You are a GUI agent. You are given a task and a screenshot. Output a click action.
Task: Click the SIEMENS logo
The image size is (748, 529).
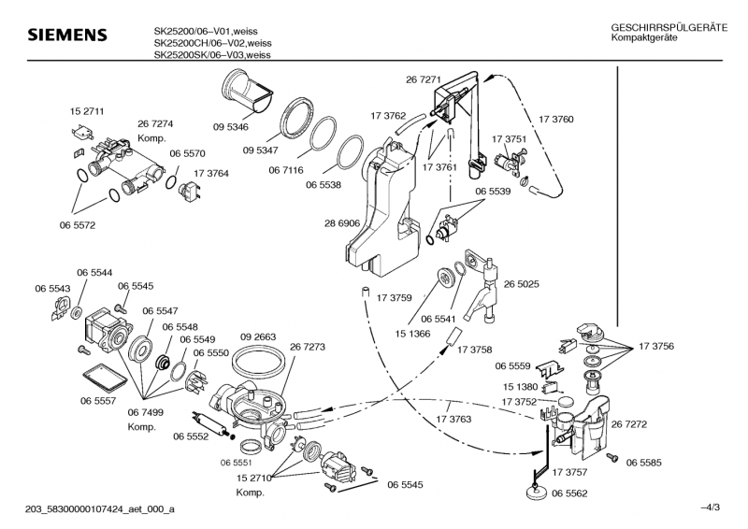66,36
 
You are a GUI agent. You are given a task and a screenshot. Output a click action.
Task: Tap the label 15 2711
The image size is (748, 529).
87,111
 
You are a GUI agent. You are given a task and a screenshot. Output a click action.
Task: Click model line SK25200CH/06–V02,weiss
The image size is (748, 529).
212,42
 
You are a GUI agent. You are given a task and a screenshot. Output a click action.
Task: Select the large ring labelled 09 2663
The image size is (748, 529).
257,363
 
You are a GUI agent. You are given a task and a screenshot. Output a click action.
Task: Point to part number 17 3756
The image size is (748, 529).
656,347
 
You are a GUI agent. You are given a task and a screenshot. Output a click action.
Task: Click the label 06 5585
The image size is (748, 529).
644,462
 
